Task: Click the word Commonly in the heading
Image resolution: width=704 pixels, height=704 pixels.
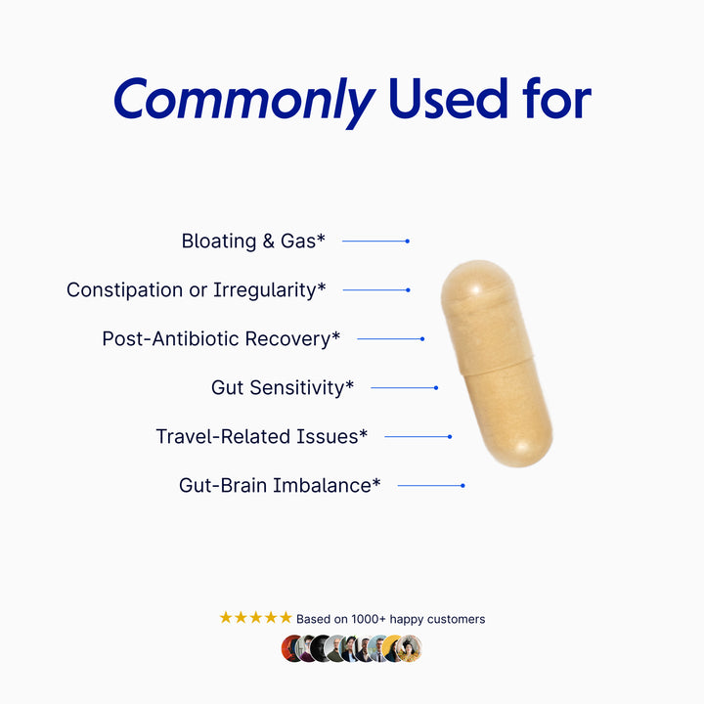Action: (x=243, y=99)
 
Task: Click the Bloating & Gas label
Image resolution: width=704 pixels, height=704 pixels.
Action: (x=253, y=241)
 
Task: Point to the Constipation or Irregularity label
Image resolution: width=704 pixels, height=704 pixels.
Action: (x=197, y=289)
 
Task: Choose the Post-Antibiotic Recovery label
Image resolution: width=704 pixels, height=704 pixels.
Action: (x=221, y=338)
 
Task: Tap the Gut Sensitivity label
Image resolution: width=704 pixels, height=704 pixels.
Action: (x=283, y=387)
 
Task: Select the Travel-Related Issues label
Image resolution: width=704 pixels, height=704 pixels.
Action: (x=262, y=436)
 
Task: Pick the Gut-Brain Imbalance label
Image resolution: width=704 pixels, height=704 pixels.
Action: (x=280, y=485)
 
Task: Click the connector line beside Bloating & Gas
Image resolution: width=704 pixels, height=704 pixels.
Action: (x=374, y=241)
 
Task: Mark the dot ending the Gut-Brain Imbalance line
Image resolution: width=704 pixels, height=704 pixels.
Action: (x=462, y=485)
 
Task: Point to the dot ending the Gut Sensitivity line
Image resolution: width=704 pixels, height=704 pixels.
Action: (x=436, y=387)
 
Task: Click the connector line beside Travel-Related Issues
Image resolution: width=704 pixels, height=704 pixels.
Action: (x=417, y=436)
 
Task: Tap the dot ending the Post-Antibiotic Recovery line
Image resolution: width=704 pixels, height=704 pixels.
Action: (x=422, y=338)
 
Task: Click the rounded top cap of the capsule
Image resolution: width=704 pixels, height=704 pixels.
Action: (x=477, y=288)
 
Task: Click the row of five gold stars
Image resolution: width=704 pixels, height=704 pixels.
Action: (x=255, y=618)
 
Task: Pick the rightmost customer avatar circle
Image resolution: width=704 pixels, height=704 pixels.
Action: (x=409, y=648)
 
